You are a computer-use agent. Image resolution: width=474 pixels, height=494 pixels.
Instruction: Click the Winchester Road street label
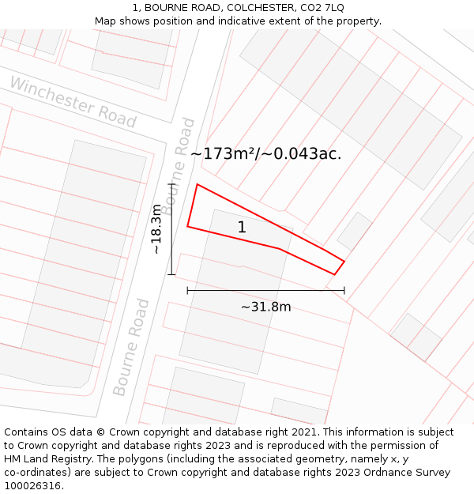tap(73, 103)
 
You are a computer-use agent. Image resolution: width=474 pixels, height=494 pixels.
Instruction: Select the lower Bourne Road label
tap(132, 347)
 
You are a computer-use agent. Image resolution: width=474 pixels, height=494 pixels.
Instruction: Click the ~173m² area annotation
tap(266, 154)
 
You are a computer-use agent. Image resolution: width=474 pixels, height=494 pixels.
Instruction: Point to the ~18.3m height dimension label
tap(156, 229)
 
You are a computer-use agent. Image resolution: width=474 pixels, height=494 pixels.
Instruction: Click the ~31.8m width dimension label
tap(265, 307)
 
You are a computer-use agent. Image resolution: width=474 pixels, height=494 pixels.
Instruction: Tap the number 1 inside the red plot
tap(242, 228)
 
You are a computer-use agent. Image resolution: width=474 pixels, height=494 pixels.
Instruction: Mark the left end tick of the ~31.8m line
tap(187, 291)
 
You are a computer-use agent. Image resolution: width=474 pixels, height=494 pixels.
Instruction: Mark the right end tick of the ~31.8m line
tap(344, 291)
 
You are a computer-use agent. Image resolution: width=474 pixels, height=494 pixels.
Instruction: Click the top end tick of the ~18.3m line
tap(171, 184)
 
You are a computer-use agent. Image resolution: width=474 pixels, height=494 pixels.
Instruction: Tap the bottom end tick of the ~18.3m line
tap(171, 275)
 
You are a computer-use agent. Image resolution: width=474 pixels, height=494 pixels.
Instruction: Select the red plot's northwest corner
tap(197, 185)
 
